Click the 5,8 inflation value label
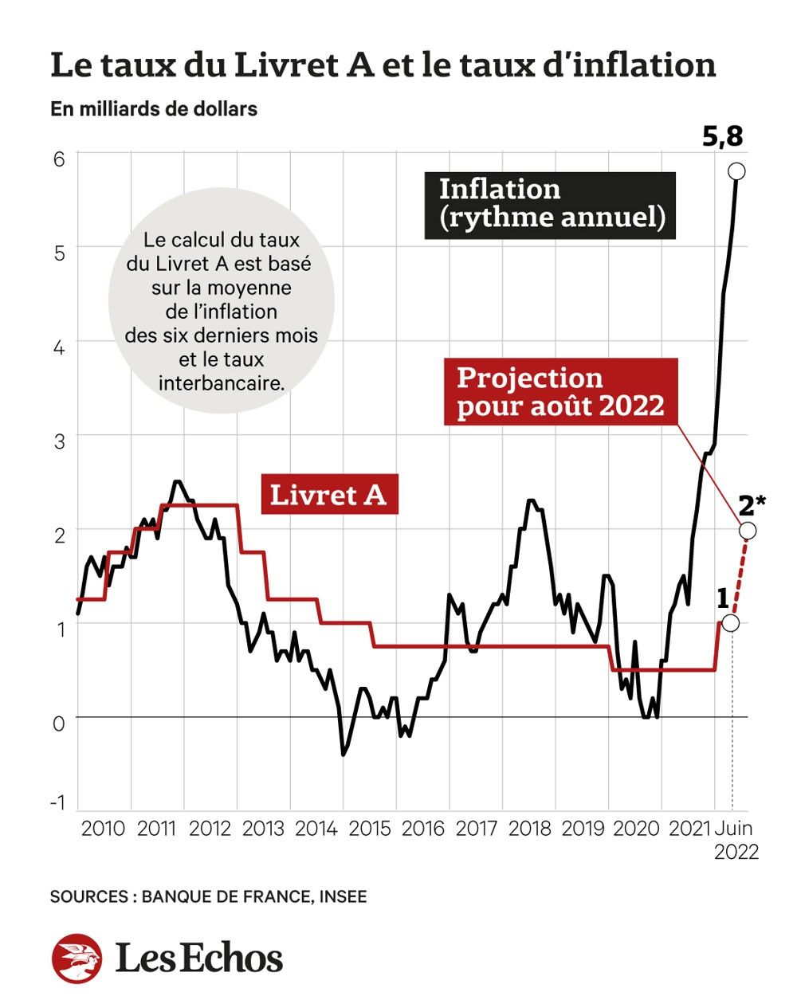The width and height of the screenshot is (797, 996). pyautogui.click(x=722, y=137)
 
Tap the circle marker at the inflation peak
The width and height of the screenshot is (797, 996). pyautogui.click(x=736, y=171)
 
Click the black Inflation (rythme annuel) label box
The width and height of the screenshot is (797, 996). pyautogui.click(x=550, y=205)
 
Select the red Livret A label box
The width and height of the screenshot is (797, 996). pyautogui.click(x=329, y=495)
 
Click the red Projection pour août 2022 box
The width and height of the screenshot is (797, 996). pyautogui.click(x=561, y=392)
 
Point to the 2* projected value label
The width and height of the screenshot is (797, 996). pyautogui.click(x=752, y=505)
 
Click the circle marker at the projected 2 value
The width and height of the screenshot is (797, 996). pyautogui.click(x=748, y=531)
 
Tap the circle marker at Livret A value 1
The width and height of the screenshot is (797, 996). pyautogui.click(x=730, y=623)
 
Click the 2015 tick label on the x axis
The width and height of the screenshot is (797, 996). pyautogui.click(x=370, y=829)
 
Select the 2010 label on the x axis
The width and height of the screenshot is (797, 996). pyautogui.click(x=104, y=829)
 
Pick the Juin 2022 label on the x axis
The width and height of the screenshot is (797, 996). pyautogui.click(x=736, y=840)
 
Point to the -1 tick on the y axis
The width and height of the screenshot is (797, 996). pyautogui.click(x=58, y=802)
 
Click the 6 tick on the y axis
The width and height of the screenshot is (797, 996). pyautogui.click(x=59, y=159)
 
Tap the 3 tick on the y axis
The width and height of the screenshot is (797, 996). pyautogui.click(x=59, y=441)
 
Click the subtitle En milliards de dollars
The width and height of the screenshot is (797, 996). pyautogui.click(x=154, y=108)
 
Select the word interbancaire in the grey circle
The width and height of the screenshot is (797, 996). pyautogui.click(x=222, y=382)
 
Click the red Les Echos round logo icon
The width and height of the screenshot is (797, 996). pyautogui.click(x=77, y=958)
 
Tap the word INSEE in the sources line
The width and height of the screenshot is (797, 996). pyautogui.click(x=344, y=897)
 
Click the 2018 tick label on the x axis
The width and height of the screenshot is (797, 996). pyautogui.click(x=530, y=829)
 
